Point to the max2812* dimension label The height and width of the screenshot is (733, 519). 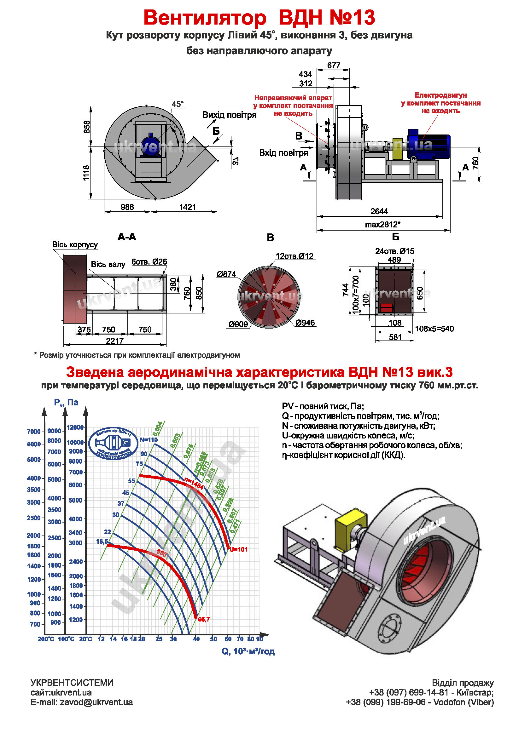382,224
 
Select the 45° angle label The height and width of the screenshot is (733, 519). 178,104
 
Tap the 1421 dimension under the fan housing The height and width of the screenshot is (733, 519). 187,207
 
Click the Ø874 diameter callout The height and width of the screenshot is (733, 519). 226,274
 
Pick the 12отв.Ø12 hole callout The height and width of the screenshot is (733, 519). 294,256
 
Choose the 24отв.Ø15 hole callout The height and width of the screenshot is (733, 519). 394,251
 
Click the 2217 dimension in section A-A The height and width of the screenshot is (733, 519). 115,341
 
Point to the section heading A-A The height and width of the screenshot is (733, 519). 127,237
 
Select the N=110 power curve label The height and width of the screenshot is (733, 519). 149,440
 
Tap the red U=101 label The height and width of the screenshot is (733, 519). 238,549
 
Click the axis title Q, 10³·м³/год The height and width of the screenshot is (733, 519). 248,651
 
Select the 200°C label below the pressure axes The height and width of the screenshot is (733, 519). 46,639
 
